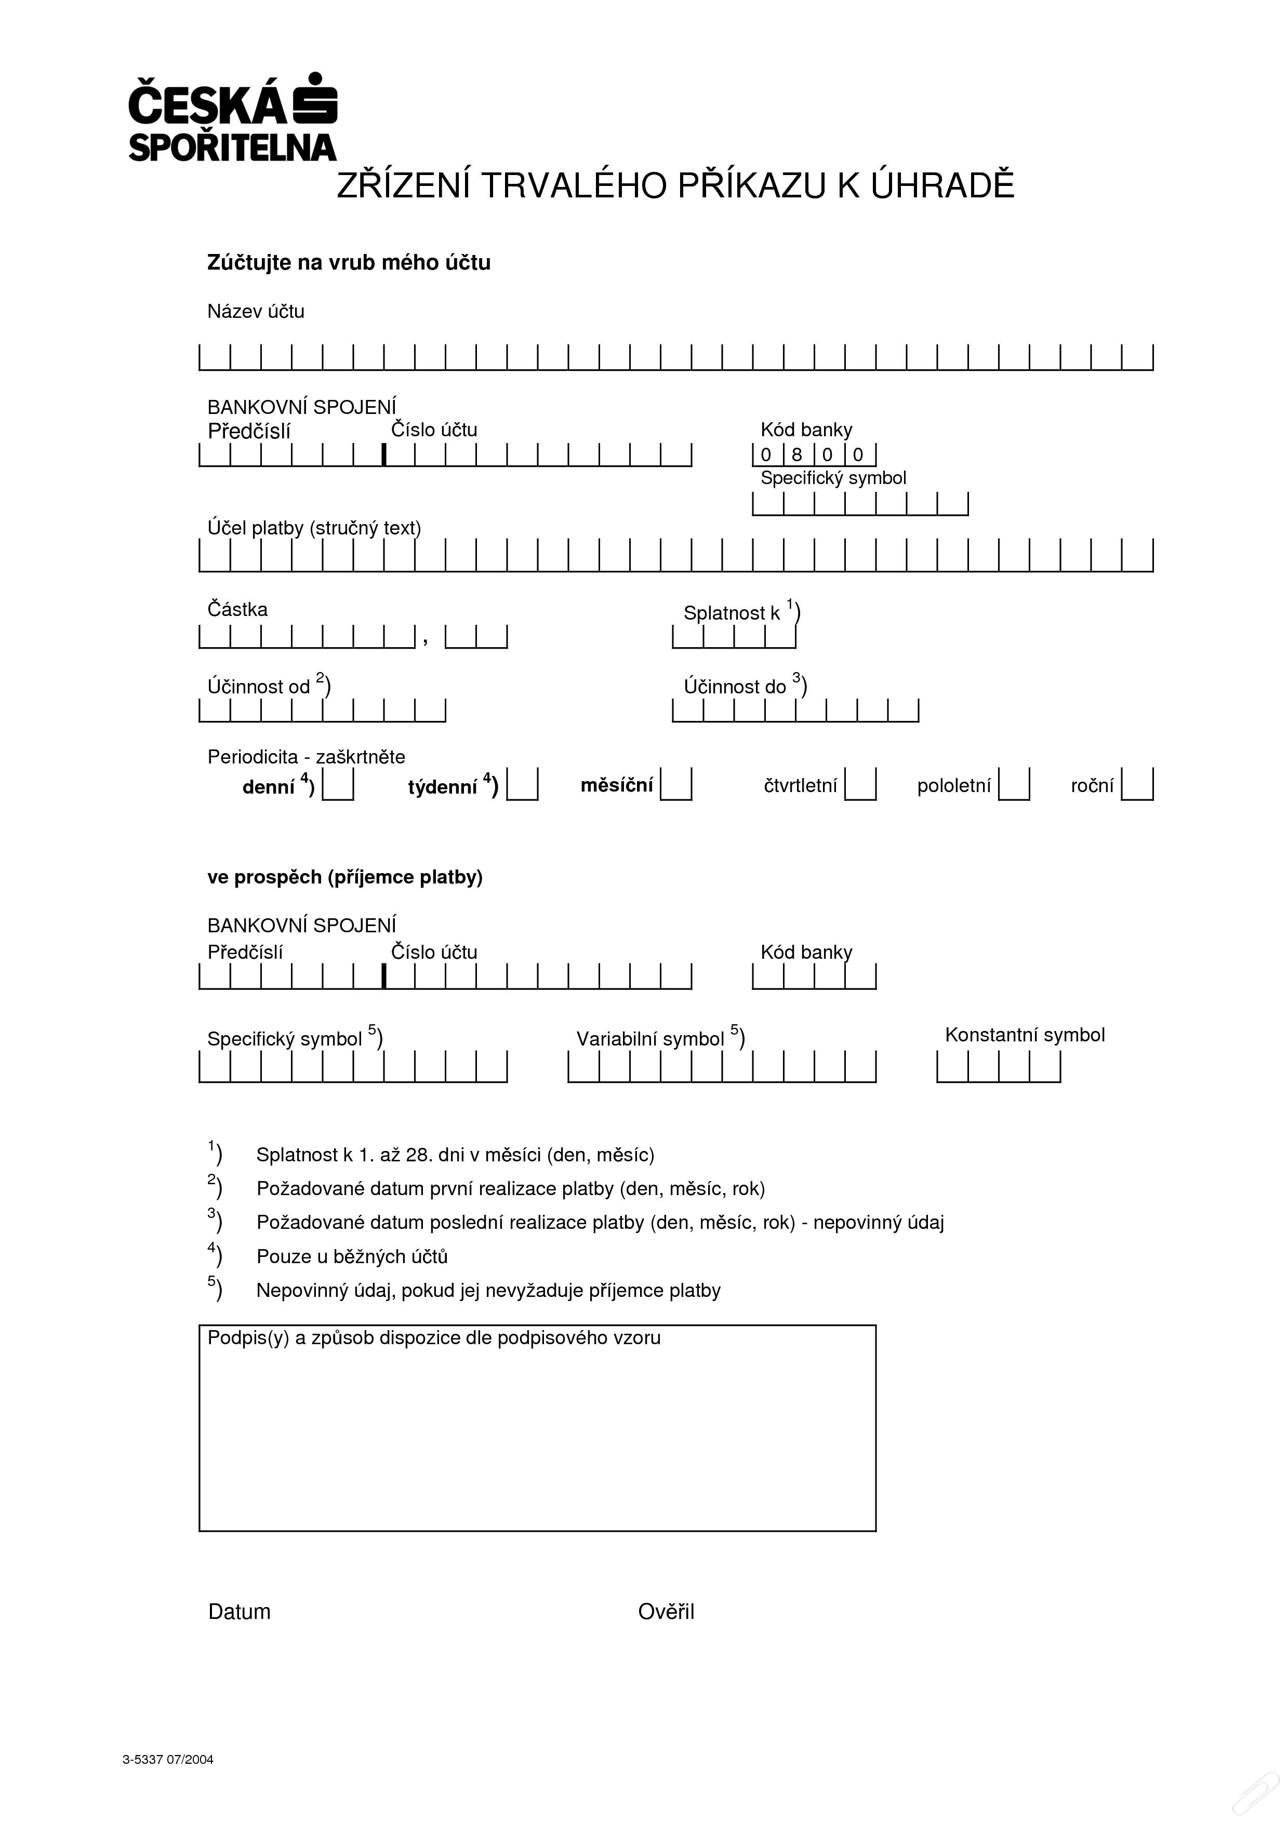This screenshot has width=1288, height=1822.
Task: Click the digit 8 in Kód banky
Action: (797, 454)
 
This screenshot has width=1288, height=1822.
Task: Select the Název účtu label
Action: (256, 311)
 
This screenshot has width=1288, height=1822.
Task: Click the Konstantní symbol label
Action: (1025, 1035)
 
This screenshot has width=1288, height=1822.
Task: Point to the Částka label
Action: (237, 609)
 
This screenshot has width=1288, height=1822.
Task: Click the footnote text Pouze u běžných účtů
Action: (352, 1256)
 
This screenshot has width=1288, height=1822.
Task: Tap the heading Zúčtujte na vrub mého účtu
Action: (349, 263)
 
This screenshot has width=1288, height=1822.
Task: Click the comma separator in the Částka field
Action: (426, 640)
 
